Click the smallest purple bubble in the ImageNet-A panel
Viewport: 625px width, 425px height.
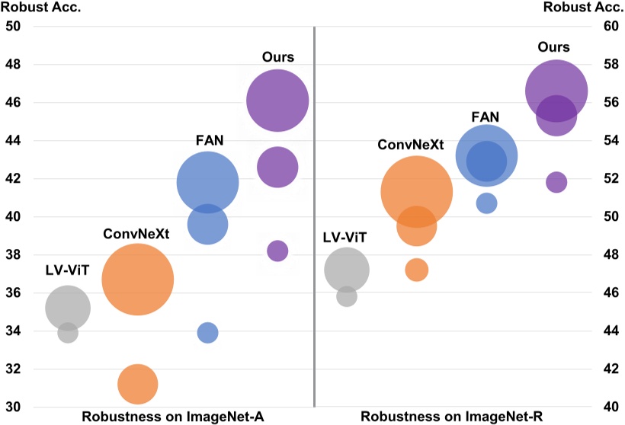[277, 251]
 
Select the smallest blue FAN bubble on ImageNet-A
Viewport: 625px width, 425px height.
[207, 333]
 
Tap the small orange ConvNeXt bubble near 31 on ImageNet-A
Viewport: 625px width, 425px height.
[137, 385]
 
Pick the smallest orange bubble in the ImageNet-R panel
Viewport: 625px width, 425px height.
[416, 269]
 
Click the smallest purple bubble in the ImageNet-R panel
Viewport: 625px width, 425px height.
[556, 182]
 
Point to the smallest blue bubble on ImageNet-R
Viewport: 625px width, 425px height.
[486, 203]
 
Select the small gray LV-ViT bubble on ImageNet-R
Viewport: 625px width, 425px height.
[347, 296]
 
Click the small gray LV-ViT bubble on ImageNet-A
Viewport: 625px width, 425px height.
[68, 333]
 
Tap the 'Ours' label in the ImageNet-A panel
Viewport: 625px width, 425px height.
[277, 57]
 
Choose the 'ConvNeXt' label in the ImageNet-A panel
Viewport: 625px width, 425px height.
[136, 233]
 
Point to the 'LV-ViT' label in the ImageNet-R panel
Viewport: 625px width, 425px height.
[345, 238]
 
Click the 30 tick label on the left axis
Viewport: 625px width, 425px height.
[14, 407]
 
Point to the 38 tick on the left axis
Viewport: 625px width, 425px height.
[14, 254]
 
